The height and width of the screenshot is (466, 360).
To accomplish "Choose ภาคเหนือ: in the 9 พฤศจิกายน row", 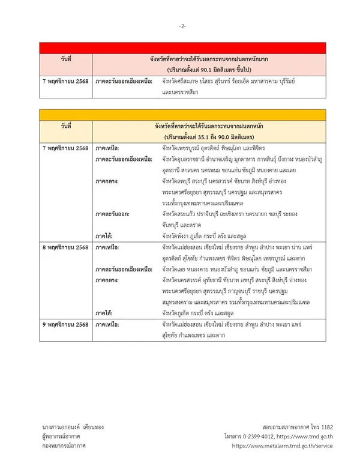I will pyautogui.click(x=107, y=324).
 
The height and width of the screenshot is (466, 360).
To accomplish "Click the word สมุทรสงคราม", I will pyautogui.click(x=184, y=301).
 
